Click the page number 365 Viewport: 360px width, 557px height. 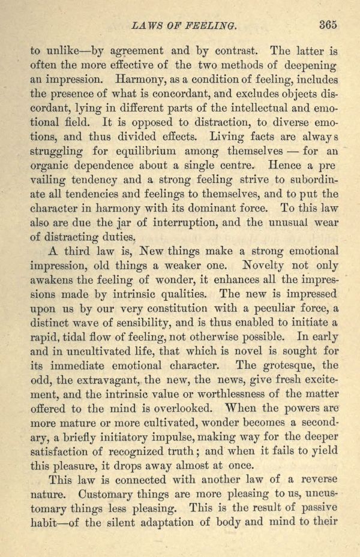[x=329, y=25]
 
